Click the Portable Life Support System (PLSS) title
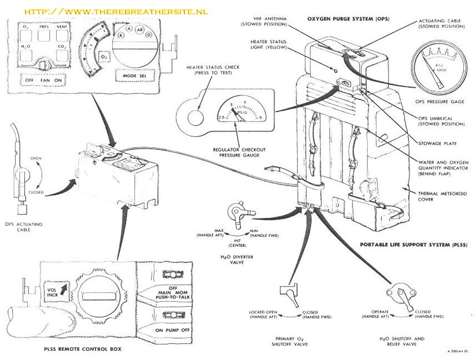414,244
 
